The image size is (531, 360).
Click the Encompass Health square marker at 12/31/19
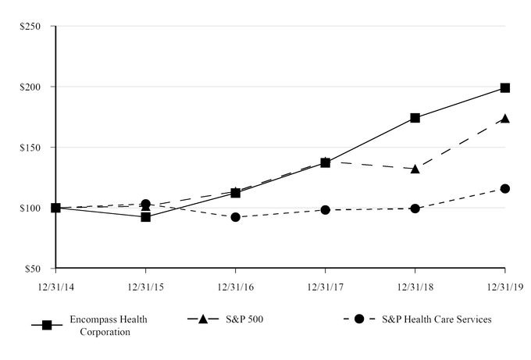[505, 88]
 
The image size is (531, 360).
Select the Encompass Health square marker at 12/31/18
[415, 118]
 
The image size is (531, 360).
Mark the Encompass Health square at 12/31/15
[145, 216]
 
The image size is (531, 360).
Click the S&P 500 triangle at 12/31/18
[415, 168]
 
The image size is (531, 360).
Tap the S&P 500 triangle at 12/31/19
[505, 119]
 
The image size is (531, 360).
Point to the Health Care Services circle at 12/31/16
[235, 217]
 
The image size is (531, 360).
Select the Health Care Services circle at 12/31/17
[325, 210]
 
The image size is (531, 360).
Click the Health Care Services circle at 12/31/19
[505, 188]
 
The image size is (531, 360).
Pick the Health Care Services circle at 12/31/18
[415, 209]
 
